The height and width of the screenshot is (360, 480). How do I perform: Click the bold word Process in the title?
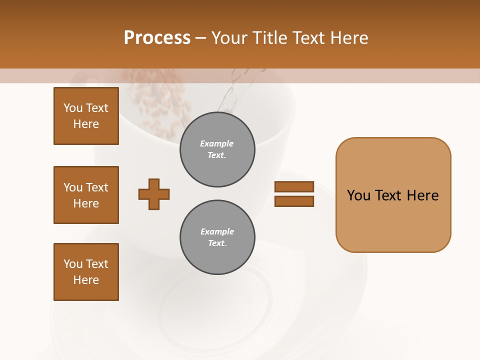click(157, 38)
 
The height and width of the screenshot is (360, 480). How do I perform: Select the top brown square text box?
click(86, 116)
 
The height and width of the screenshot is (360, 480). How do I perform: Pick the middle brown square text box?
click(86, 195)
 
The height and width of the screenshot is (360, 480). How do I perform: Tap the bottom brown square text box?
click(86, 272)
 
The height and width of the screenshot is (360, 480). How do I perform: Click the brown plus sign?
click(154, 194)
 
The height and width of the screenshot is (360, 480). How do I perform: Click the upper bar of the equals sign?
click(294, 186)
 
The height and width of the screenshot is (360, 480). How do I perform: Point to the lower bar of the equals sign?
click(294, 201)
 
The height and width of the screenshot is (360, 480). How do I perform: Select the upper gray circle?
click(217, 149)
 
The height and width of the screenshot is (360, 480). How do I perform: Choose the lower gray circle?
click(217, 237)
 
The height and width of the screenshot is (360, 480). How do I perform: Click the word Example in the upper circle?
click(217, 143)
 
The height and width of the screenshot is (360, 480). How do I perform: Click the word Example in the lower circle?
click(217, 231)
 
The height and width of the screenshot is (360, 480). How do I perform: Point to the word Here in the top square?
click(86, 124)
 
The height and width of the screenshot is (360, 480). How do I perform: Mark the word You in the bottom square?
click(73, 264)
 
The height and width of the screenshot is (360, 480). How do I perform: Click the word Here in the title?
click(350, 38)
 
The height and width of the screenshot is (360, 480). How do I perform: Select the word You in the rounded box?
click(359, 195)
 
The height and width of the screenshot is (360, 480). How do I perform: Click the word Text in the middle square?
click(97, 187)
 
